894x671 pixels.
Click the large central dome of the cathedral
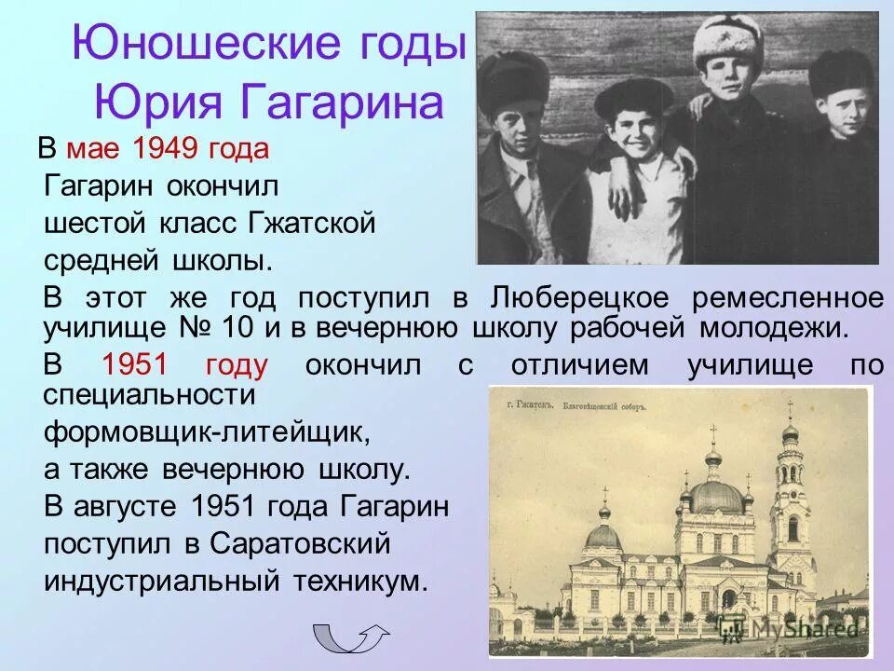tap(716, 493)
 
